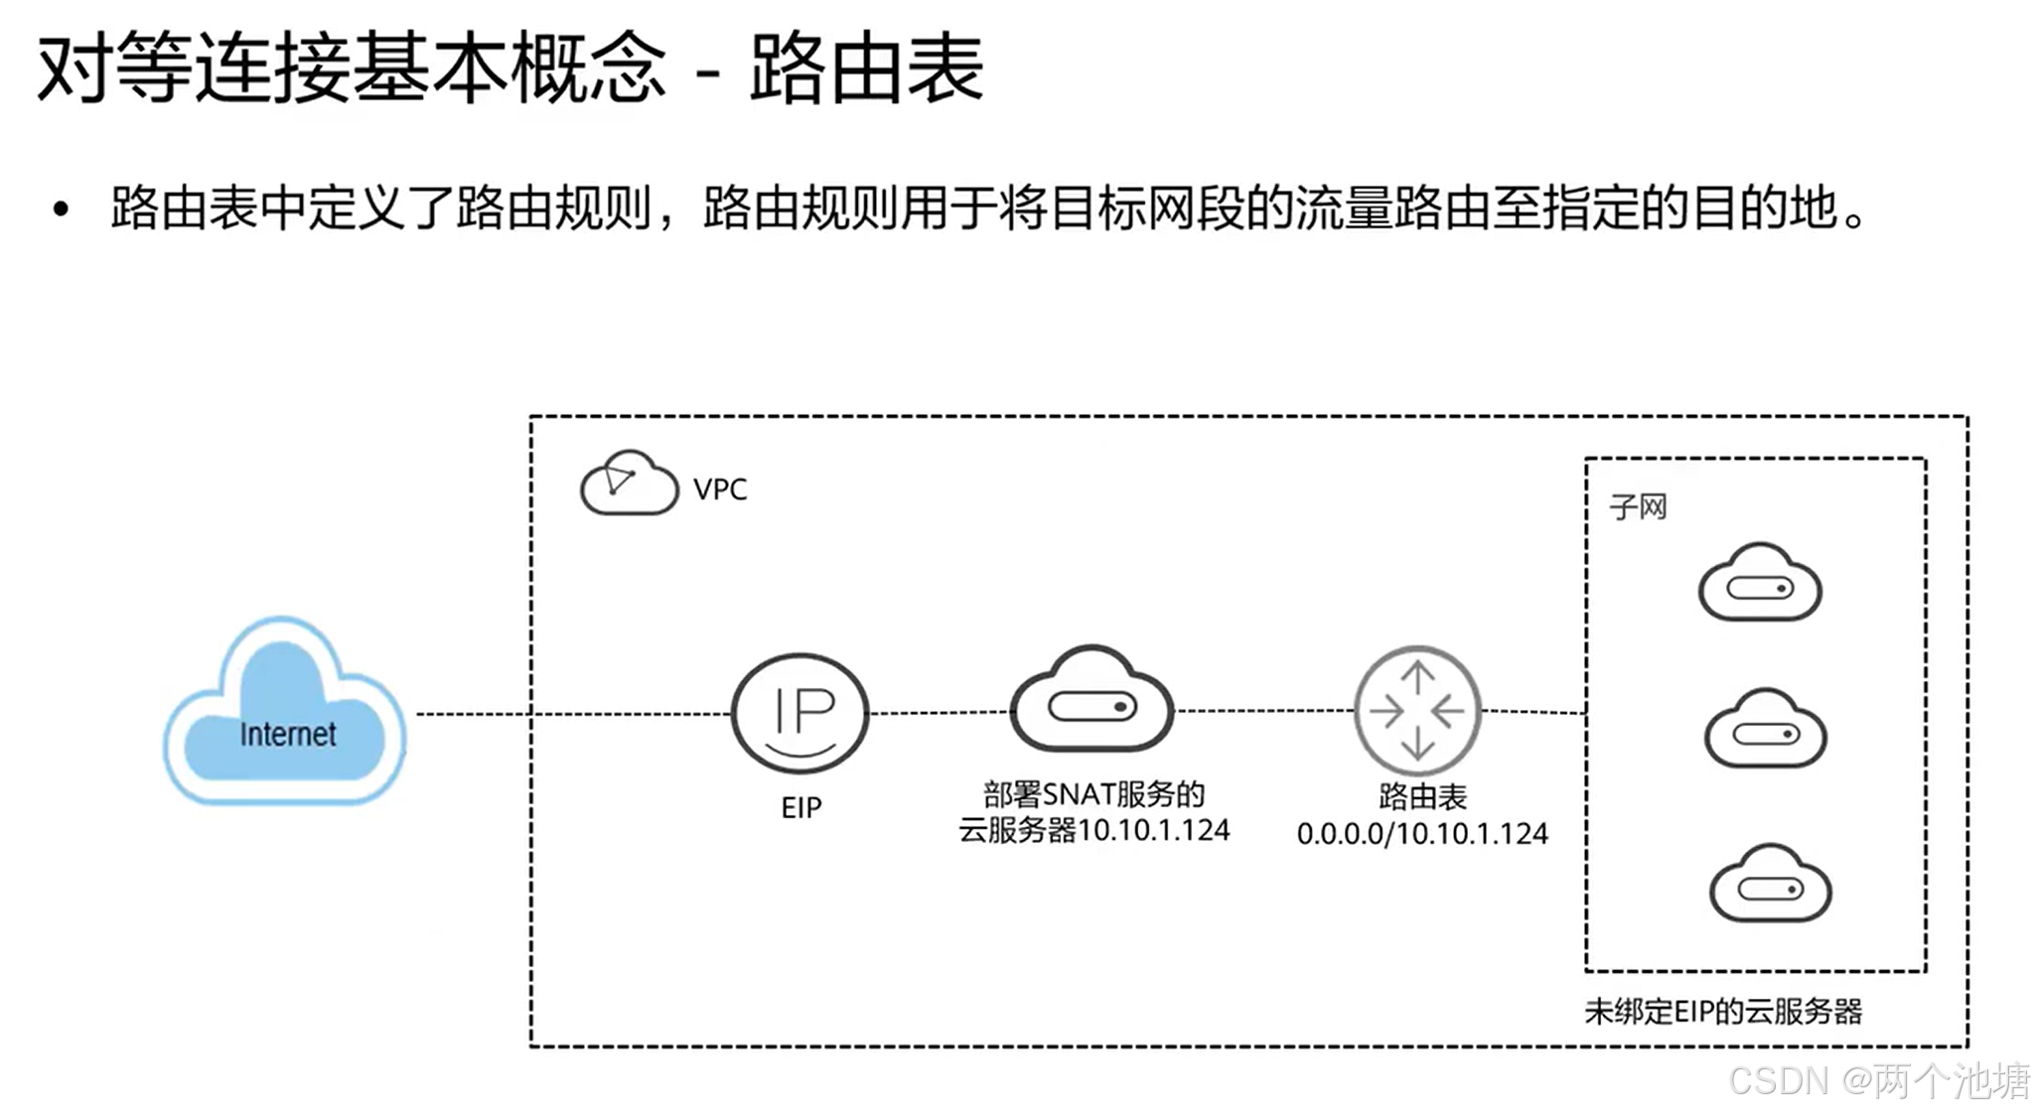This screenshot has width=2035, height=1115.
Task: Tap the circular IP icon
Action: [800, 713]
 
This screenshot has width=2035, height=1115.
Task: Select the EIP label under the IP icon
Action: [801, 808]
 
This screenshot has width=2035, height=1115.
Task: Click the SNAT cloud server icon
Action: [1091, 701]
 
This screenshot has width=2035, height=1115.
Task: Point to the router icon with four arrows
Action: [1417, 711]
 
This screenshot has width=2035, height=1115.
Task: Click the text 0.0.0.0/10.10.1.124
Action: [1422, 834]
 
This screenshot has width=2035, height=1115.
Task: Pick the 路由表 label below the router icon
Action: [1422, 796]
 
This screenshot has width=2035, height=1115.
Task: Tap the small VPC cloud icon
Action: [628, 484]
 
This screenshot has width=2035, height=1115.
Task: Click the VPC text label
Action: [720, 489]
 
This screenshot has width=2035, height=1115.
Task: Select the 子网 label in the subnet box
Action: [1638, 507]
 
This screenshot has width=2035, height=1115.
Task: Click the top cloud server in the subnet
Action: [1759, 584]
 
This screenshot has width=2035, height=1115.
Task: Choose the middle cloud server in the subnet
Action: [1765, 730]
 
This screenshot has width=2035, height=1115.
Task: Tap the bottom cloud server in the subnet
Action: [1770, 885]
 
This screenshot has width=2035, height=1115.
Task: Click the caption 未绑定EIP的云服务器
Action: [1723, 1012]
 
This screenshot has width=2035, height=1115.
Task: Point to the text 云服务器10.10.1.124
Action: [1093, 830]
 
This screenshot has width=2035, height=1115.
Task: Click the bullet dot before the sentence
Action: [62, 209]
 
